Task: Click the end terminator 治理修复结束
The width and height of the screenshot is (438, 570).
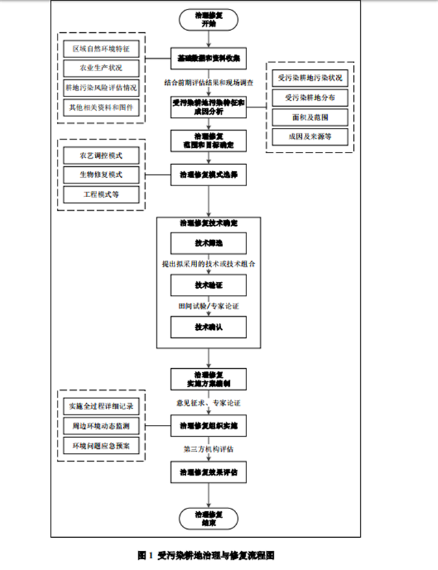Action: click(209, 517)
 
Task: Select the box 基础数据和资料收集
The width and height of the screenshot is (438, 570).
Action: click(209, 57)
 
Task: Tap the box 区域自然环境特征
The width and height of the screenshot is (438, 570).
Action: click(101, 49)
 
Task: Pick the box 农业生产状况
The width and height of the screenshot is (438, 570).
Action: click(101, 68)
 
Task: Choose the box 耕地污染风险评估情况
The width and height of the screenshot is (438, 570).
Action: click(101, 88)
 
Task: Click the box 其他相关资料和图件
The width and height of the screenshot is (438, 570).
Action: click(101, 107)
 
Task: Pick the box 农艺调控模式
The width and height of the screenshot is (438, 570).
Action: click(101, 155)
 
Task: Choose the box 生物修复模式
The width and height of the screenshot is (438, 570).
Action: click(101, 174)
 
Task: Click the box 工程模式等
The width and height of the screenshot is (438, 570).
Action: click(101, 194)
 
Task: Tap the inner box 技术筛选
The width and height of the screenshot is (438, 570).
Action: click(209, 244)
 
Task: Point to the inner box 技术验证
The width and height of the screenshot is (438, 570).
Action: click(209, 285)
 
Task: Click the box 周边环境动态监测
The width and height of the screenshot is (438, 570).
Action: click(101, 426)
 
